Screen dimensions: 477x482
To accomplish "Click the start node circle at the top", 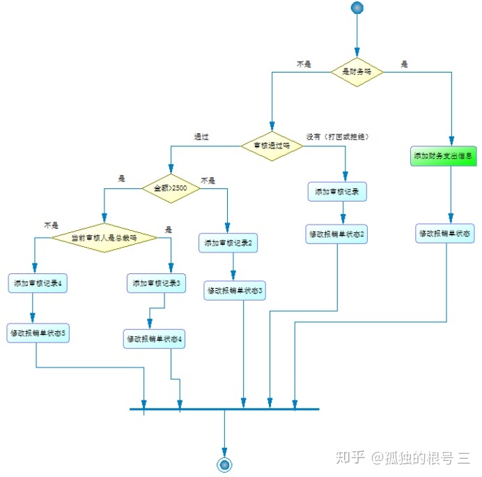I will (x=357, y=8).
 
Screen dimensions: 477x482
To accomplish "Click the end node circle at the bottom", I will (x=224, y=464).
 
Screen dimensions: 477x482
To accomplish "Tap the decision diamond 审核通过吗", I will (x=272, y=146).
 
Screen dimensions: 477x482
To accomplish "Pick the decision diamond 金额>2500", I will (x=171, y=188).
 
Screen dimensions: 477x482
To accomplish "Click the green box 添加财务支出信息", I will (x=444, y=156).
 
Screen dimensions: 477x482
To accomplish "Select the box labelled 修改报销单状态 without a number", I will (x=446, y=234).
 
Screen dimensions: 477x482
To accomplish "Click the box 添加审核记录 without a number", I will (x=337, y=192).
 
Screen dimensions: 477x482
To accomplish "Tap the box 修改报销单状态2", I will (x=337, y=234).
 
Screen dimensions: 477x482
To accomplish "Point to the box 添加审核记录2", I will (x=228, y=243).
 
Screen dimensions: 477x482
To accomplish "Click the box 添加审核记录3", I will (x=157, y=283).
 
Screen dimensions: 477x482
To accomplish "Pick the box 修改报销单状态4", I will (x=155, y=339).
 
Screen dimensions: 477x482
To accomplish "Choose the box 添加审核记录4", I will (x=38, y=284).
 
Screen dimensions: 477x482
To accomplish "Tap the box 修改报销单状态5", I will (x=38, y=333).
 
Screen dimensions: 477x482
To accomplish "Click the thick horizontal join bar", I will (x=224, y=409).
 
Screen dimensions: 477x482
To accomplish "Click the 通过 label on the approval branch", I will (x=202, y=137).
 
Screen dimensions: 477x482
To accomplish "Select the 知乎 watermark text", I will (x=350, y=457).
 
